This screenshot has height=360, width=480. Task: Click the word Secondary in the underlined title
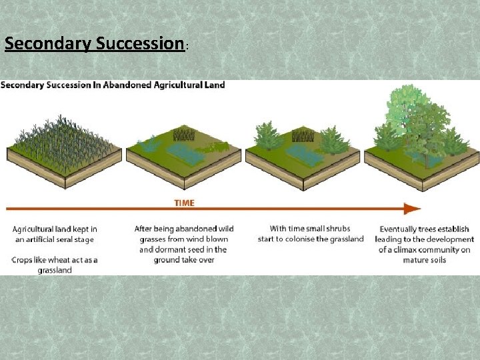(x=48, y=44)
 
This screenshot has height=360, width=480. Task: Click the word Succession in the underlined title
(x=139, y=44)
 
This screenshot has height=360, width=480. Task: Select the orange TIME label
(x=184, y=203)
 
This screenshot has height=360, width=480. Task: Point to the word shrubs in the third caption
(x=337, y=229)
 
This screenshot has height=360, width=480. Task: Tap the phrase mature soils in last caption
(x=425, y=260)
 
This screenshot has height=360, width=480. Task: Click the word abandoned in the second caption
(x=189, y=229)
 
